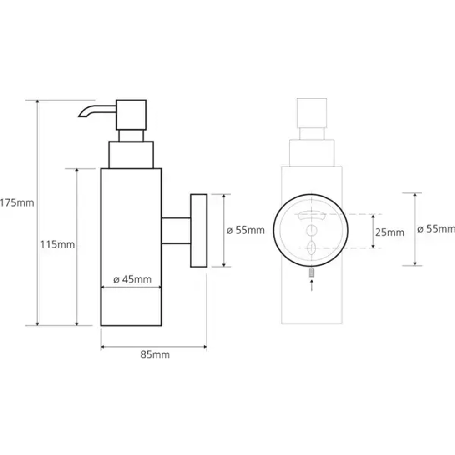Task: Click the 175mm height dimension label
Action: click(17, 202)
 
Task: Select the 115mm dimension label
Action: click(57, 245)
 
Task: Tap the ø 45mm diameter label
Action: click(132, 279)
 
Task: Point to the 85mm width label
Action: click(155, 354)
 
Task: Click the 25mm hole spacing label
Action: click(390, 233)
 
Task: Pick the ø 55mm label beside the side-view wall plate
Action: click(246, 230)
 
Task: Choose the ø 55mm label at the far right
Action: click(436, 229)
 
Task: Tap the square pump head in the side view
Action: click(131, 115)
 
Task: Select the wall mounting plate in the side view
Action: click(199, 230)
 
